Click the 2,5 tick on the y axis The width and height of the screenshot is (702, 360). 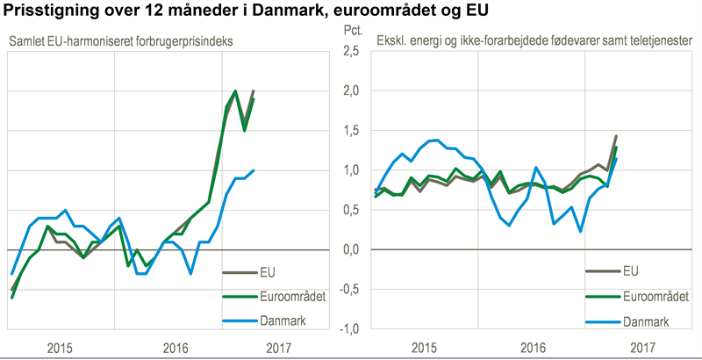350,51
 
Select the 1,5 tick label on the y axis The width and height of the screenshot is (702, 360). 350,131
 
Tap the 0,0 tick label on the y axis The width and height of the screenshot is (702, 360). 350,250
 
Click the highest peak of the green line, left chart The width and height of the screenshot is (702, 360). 235,90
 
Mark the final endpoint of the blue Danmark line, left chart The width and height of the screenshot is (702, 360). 254,170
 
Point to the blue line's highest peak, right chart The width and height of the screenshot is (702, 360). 436,140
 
